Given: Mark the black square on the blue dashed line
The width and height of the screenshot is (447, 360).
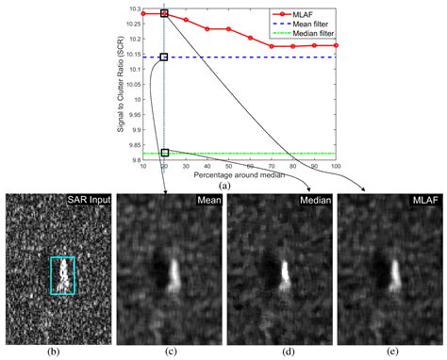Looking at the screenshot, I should tap(164, 57).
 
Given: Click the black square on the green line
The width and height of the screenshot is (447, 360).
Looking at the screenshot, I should tap(164, 153).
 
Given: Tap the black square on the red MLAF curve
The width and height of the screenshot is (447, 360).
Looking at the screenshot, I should tap(164, 14).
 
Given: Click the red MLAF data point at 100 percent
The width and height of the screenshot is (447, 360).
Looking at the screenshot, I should tap(337, 45).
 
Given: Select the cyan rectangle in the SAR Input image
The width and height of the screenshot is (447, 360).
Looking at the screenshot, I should tap(62, 276).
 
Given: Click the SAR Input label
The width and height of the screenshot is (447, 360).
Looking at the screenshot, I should tap(88, 201).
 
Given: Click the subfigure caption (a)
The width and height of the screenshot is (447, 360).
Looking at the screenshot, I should tap(224, 187).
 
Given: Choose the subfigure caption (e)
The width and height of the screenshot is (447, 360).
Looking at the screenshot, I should tap(390, 352).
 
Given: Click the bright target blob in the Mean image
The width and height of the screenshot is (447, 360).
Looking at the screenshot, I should tap(175, 274).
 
